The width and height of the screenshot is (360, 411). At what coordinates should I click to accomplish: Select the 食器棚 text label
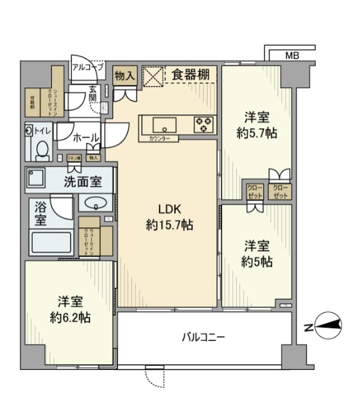(191, 75)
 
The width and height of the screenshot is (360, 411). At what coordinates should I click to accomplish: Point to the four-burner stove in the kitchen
(205, 124)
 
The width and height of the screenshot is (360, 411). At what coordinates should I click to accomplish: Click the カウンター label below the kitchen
(159, 139)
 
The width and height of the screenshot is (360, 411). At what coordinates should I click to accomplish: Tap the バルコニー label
(203, 337)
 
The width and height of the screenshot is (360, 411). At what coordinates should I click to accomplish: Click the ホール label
(85, 137)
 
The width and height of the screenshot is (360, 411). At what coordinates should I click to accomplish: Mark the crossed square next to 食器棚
(153, 74)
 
